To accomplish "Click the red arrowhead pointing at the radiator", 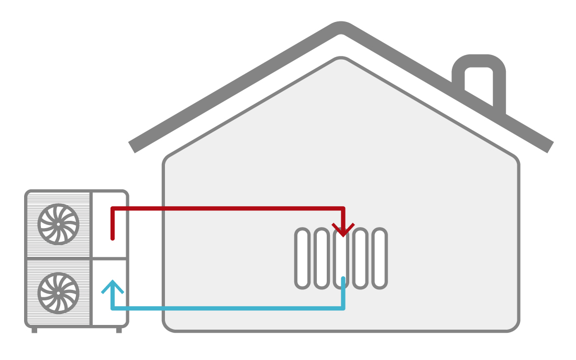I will [343, 230].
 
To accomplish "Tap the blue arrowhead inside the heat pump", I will [113, 287].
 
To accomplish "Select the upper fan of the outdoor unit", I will [58, 224].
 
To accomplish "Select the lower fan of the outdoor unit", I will [58, 292].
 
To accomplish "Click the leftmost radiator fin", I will [303, 258].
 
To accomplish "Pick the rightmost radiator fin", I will [380, 258].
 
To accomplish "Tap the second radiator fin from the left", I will [322, 258].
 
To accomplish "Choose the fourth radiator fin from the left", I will [360, 258].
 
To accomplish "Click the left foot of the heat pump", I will [35, 330].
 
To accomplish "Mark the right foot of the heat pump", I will [119, 330].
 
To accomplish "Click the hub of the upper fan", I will [58, 224].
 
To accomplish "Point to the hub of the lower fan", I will [58, 292].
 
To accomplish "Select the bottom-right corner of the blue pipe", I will [343, 308].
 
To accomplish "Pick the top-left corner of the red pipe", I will [113, 209].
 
